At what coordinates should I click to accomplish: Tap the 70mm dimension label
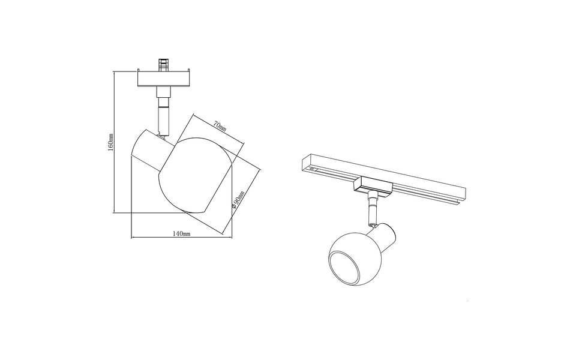(220, 127)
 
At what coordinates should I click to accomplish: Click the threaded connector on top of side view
(163, 64)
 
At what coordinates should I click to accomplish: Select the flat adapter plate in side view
(163, 79)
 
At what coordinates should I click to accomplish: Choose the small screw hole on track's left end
(312, 170)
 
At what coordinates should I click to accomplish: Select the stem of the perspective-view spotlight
(372, 209)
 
